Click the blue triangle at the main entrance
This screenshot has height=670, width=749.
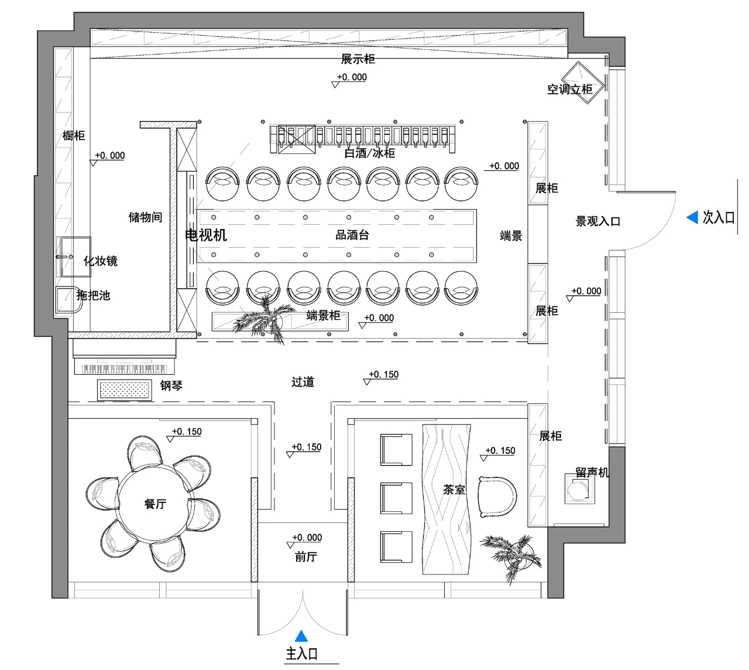[301, 637]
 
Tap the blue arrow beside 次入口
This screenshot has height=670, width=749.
[692, 217]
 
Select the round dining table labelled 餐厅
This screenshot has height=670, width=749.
[154, 504]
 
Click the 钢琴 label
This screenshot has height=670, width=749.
[171, 386]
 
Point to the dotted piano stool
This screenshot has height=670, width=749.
[124, 390]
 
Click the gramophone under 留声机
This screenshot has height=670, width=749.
[579, 488]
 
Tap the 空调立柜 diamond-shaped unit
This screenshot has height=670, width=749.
[582, 83]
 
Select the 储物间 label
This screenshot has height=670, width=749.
[145, 217]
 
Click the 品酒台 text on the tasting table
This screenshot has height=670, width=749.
[352, 235]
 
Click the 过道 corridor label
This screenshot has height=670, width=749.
[303, 382]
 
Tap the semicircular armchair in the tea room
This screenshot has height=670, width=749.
[497, 497]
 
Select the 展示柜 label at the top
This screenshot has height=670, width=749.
[358, 59]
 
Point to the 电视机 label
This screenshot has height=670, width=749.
[206, 235]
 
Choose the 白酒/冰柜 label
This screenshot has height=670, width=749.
[370, 153]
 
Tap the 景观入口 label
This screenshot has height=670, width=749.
[598, 221]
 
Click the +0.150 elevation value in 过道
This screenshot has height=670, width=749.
[384, 374]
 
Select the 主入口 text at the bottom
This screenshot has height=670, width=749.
[302, 654]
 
